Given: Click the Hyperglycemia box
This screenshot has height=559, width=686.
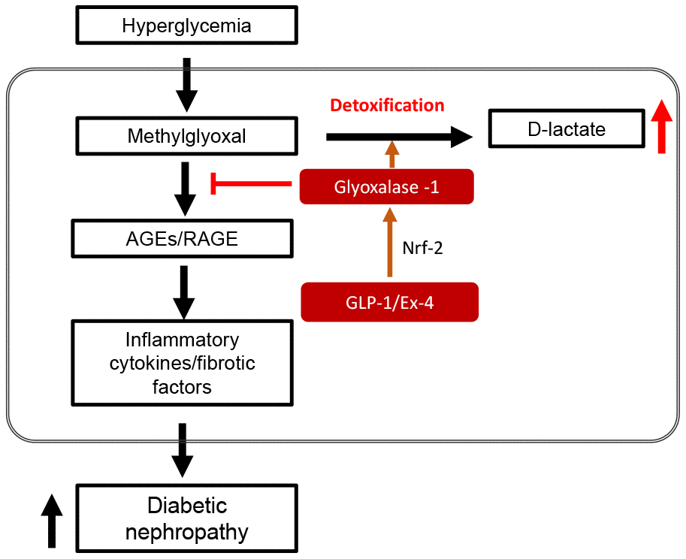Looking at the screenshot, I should click(186, 26).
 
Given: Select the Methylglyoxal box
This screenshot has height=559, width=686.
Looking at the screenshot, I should click(186, 137).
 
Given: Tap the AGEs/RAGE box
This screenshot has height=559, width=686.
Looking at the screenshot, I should click(183, 239).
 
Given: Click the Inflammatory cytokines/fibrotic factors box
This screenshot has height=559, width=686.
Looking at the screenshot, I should click(183, 364).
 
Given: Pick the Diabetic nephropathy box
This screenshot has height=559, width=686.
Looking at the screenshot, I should click(186, 519).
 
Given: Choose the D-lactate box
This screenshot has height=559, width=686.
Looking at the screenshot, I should click(566, 129).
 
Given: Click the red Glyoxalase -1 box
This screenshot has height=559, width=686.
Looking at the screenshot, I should click(386, 186).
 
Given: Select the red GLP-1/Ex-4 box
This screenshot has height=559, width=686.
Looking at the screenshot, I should click(389, 302).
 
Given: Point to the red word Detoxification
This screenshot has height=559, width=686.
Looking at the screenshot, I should click(387, 105).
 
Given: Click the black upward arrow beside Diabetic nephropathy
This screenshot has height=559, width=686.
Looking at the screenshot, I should click(51, 520).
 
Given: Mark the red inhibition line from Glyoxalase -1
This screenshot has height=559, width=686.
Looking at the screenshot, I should click(252, 183).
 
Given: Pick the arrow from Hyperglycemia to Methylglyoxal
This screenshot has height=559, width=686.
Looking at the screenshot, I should click(186, 83).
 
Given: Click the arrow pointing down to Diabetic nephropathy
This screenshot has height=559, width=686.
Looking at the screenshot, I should click(182, 449).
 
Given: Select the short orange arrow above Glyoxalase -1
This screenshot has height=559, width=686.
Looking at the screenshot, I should click(391, 155).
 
